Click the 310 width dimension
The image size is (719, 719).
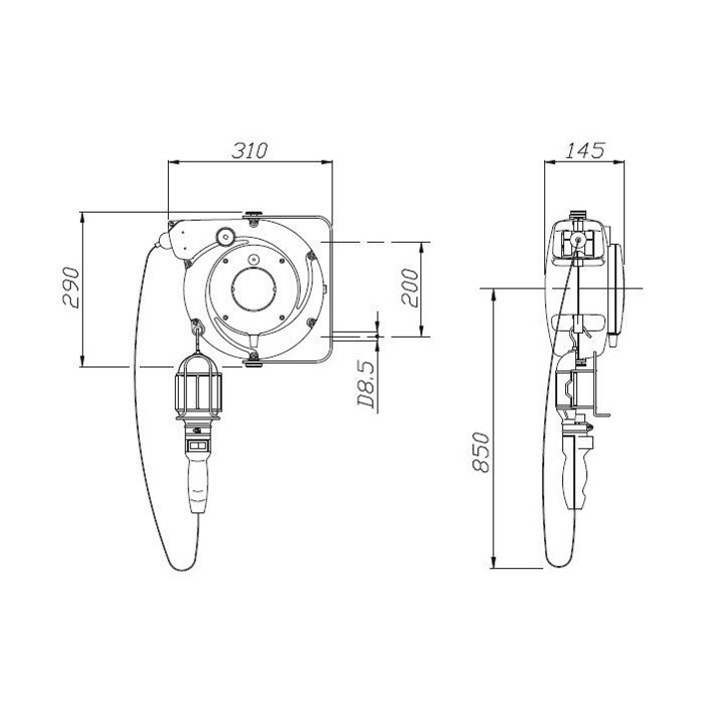pyautogui.click(x=249, y=151)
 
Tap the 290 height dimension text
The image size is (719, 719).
pyautogui.click(x=72, y=288)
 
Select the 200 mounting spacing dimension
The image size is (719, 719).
pyautogui.click(x=409, y=288)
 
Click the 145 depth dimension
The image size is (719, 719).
pyautogui.click(x=584, y=150)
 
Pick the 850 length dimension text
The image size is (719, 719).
pyautogui.click(x=481, y=451)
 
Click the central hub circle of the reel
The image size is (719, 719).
pyautogui.click(x=254, y=291)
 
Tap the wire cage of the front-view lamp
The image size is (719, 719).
pyautogui.click(x=198, y=386)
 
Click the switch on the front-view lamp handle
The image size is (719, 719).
pyautogui.click(x=198, y=445)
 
